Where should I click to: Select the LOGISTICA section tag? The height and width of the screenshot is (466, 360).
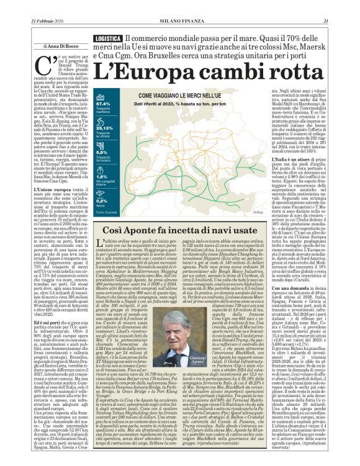106,38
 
